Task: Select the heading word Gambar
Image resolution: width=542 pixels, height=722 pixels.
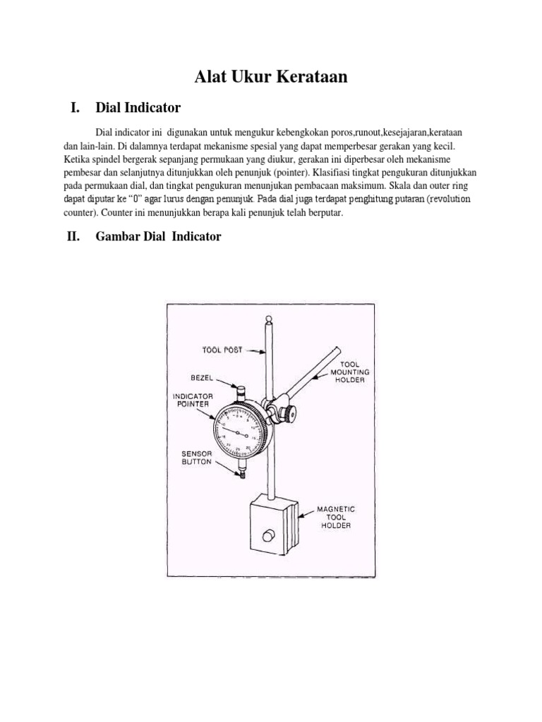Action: [118, 237]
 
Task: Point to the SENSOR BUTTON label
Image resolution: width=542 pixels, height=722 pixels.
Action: [198, 459]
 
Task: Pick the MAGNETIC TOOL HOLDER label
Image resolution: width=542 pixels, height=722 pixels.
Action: [336, 516]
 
